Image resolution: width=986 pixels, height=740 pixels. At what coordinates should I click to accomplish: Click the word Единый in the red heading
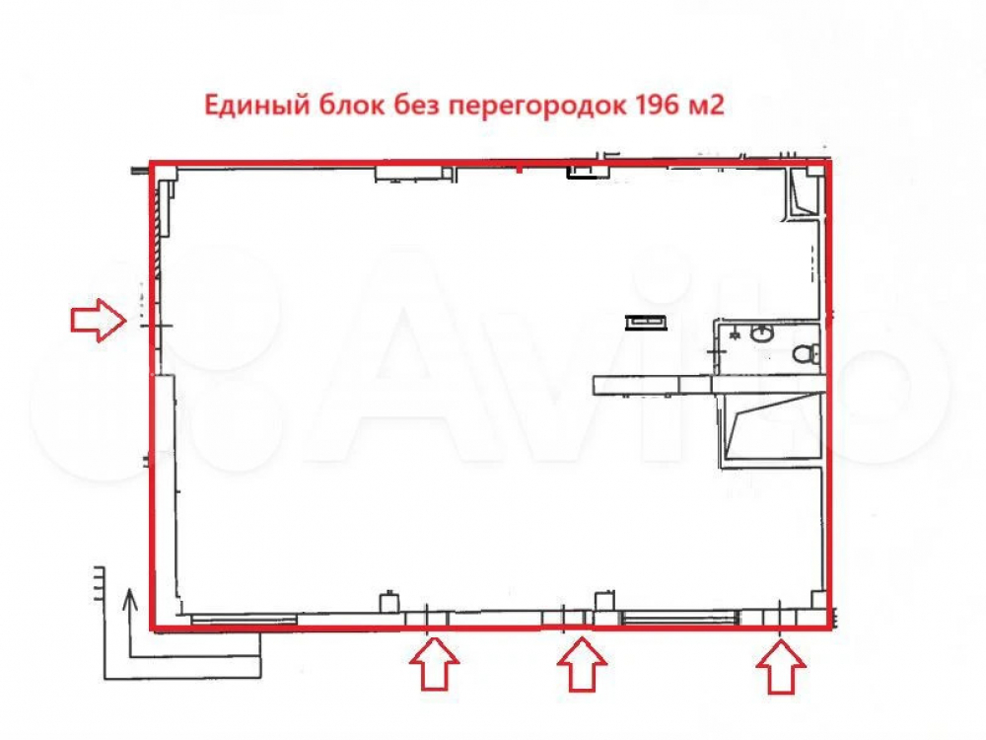(257, 106)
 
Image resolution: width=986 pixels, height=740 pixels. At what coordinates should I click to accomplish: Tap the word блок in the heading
(351, 104)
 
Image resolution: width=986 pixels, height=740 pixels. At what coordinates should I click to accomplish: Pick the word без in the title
(416, 104)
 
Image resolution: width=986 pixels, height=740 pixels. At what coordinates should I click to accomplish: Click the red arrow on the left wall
(98, 321)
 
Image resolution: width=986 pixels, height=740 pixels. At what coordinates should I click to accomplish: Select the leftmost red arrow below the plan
(434, 663)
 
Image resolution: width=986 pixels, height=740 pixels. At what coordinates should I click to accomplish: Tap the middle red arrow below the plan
(583, 664)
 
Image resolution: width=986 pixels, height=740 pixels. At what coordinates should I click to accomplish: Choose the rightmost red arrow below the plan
(781, 666)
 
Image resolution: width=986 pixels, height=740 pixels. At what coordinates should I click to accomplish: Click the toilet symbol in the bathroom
(805, 353)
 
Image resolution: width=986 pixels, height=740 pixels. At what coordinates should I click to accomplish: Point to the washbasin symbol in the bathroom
(762, 333)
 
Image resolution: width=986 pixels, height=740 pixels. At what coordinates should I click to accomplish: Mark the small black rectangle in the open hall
(646, 323)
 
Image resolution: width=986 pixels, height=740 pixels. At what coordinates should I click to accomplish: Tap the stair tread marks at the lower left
(99, 584)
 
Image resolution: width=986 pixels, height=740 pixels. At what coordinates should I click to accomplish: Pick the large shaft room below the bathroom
(772, 426)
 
